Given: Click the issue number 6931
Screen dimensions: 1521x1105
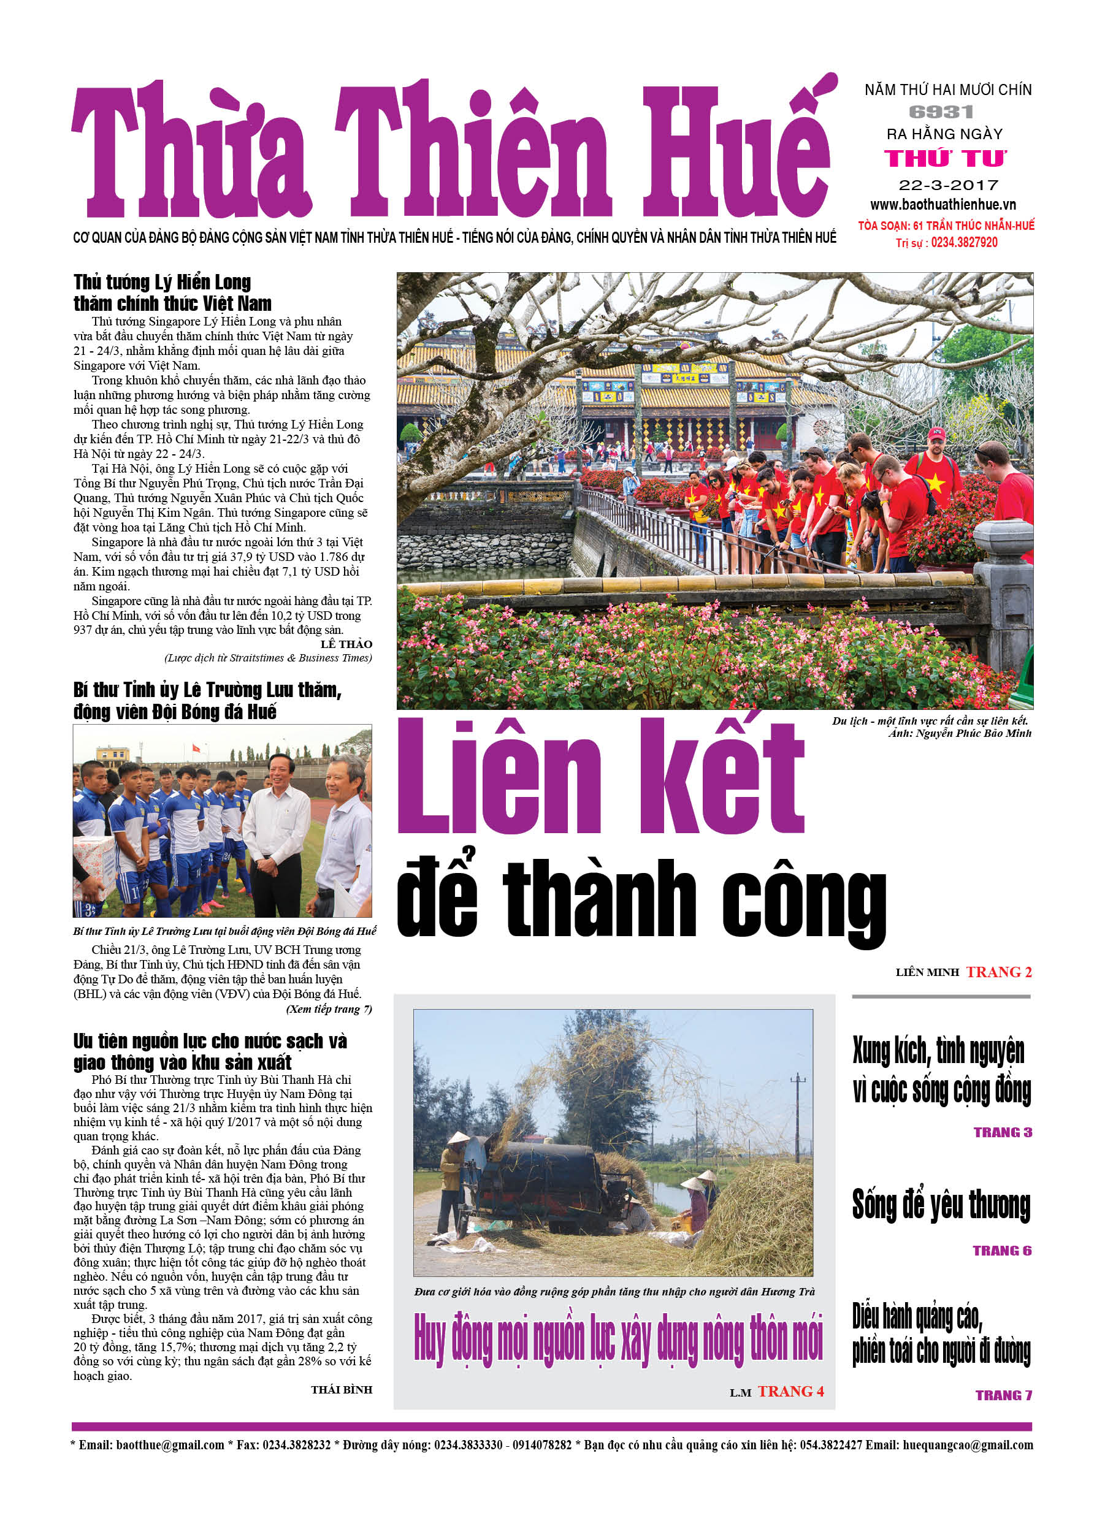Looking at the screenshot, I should tap(941, 112).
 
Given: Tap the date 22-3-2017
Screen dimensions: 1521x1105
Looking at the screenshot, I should tap(948, 185).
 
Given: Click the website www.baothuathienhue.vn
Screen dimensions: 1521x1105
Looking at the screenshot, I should tap(942, 205).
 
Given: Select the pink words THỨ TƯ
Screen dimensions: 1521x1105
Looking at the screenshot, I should tap(946, 158).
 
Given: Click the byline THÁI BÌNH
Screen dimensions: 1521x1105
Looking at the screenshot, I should tap(341, 1390).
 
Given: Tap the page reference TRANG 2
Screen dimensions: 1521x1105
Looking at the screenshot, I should tap(998, 972).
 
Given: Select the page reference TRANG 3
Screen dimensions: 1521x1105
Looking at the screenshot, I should tap(1003, 1132).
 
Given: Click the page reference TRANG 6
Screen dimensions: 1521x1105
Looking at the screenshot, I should tap(1002, 1251).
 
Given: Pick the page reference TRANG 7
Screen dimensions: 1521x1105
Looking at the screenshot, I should tap(1003, 1395).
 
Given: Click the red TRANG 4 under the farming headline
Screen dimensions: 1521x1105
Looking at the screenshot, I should tap(790, 1392).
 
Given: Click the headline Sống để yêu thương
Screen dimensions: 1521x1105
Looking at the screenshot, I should tap(941, 1205).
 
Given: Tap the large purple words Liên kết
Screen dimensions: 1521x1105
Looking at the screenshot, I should tap(600, 778).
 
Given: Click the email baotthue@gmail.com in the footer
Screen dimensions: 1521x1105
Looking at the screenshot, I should tap(170, 1444).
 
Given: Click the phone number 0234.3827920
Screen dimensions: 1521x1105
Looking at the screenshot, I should tap(963, 243).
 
